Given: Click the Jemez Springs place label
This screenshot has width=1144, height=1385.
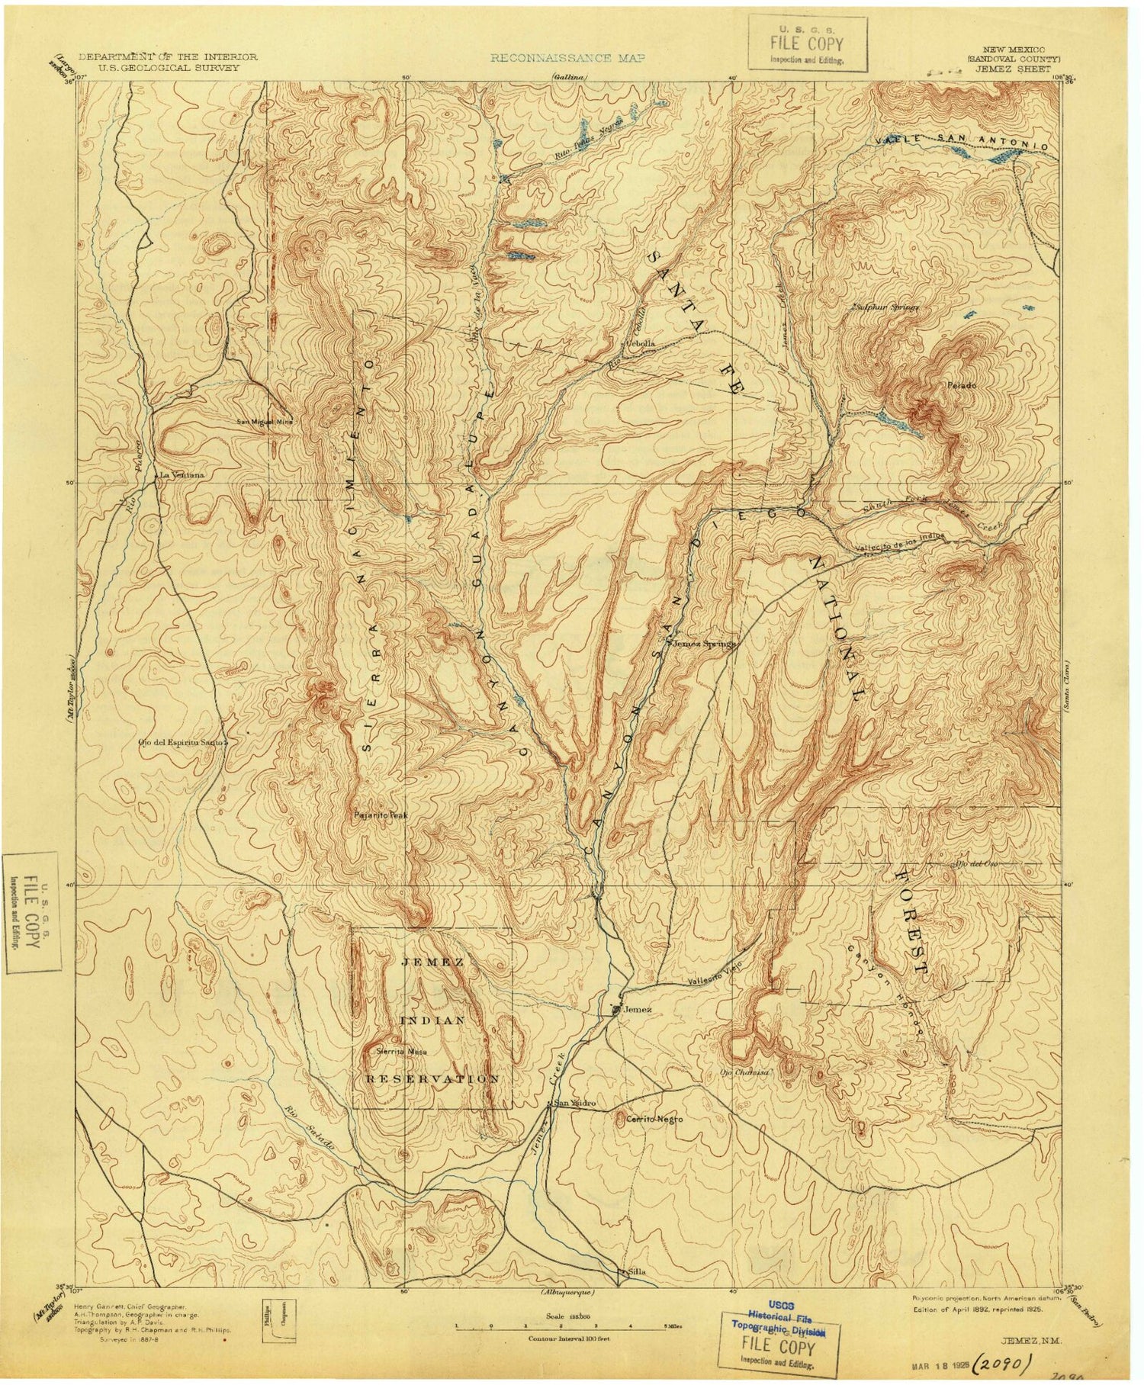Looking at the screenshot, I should coord(704,643).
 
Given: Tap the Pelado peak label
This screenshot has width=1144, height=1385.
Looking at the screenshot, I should coord(962,386).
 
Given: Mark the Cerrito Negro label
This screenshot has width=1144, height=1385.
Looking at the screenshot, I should coord(649,1119).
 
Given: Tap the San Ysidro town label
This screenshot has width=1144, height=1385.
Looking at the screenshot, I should coord(569,1103).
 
